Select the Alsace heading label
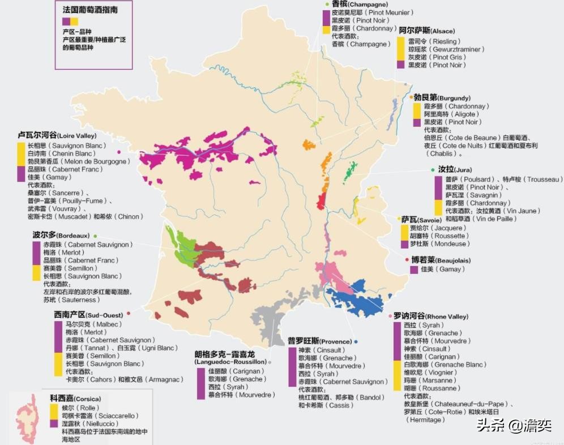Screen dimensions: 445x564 tap(426, 31)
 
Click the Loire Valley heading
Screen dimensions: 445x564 tap(57, 136)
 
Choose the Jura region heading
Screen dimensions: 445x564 tap(447, 169)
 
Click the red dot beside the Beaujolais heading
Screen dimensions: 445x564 tap(407, 259)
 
